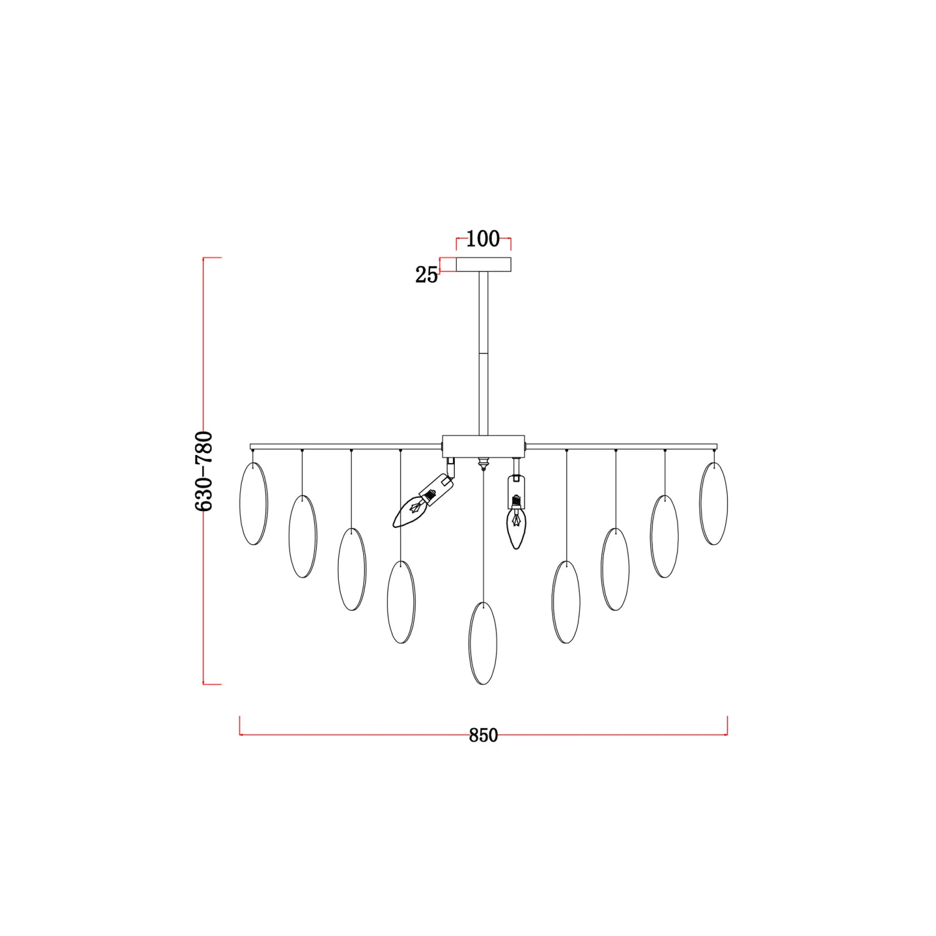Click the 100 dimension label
(x=483, y=238)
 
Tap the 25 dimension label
(x=427, y=275)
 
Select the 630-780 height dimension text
(x=204, y=471)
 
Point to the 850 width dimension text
(x=484, y=735)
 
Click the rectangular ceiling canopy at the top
(x=484, y=265)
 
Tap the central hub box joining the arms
(x=484, y=446)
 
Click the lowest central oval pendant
(x=483, y=643)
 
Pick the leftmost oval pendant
(x=253, y=504)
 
